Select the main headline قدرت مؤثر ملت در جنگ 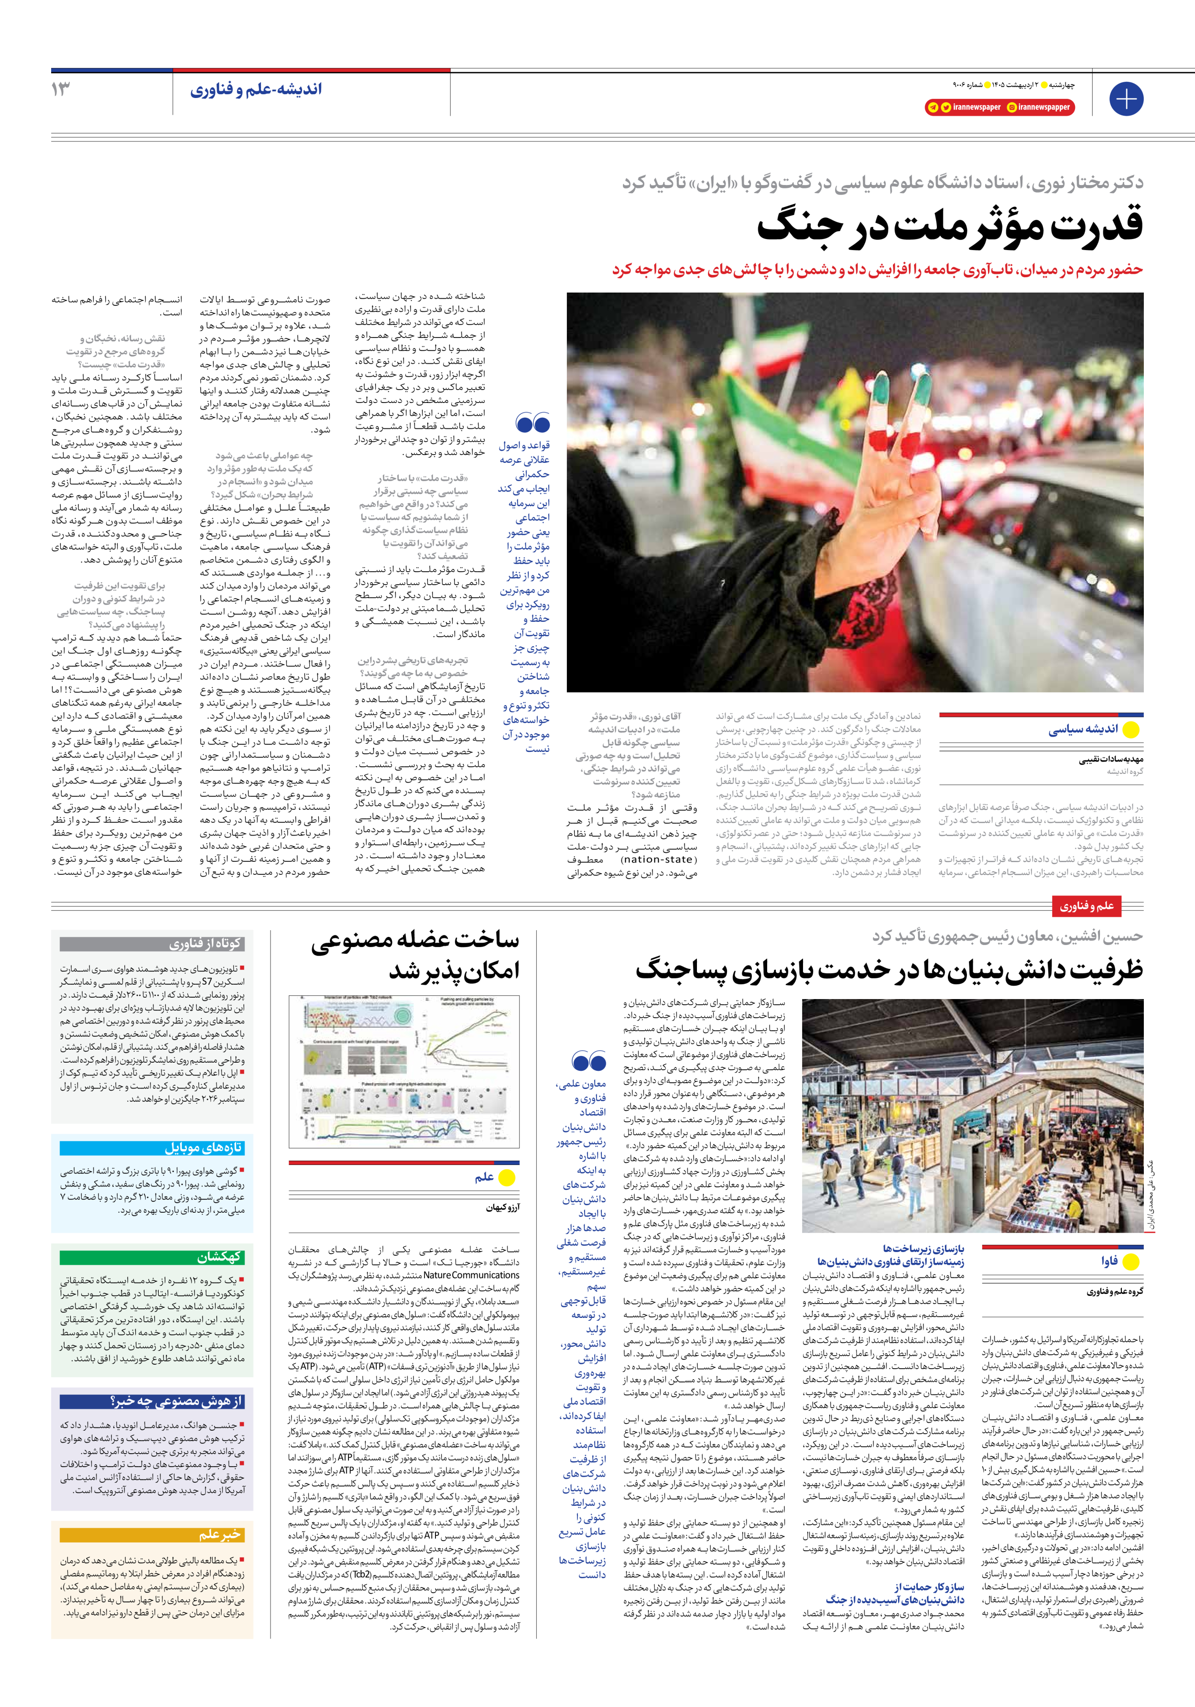[x=950, y=225]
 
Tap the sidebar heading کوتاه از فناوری [x=205, y=944]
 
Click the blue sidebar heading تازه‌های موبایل [x=203, y=1147]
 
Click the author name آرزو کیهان [x=503, y=1207]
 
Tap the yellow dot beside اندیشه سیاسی [x=1130, y=729]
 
